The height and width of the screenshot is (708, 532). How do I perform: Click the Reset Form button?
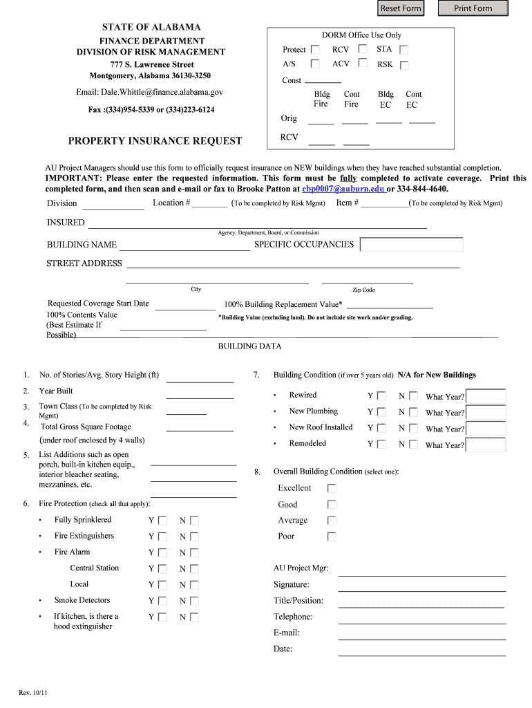[x=400, y=8]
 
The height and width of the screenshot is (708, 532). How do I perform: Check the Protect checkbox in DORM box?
[x=315, y=50]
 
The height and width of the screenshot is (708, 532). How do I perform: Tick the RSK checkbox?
[x=404, y=65]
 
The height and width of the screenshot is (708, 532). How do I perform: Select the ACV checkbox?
[x=363, y=64]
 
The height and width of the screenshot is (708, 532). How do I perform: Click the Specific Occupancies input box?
[x=412, y=245]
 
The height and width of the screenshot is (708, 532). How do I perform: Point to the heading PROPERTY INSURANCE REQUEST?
[x=155, y=141]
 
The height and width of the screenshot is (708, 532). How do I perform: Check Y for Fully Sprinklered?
[x=162, y=521]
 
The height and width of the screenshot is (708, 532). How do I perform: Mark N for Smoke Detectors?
[x=194, y=602]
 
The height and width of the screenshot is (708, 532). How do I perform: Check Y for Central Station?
[x=162, y=569]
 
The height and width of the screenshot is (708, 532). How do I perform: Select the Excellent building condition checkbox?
[x=332, y=488]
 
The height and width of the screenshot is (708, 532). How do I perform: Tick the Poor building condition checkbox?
[x=332, y=537]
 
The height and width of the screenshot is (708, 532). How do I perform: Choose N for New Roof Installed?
[x=413, y=429]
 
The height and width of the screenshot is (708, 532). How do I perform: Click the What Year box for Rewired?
[x=486, y=397]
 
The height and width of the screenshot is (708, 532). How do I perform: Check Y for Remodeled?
[x=381, y=445]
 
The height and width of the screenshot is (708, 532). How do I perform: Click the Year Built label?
[x=56, y=391]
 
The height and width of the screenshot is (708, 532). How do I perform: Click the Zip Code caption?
[x=363, y=290]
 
